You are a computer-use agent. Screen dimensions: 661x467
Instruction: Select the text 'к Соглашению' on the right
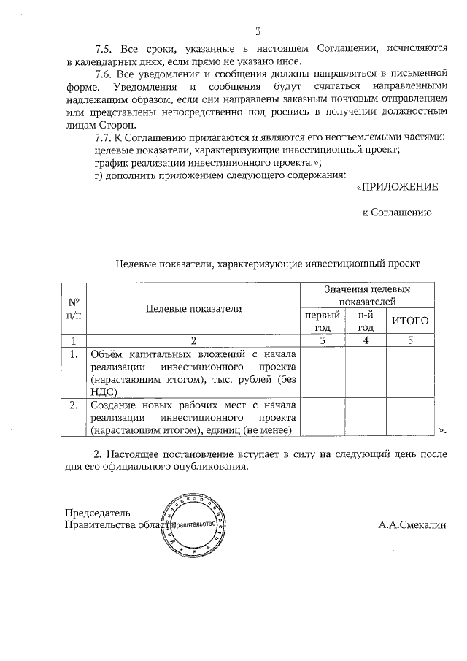tap(398, 213)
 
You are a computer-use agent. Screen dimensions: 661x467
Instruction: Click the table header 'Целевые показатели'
tap(193, 309)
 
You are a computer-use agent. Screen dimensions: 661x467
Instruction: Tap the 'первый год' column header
tap(323, 321)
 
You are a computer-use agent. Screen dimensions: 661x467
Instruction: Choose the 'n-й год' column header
tap(365, 321)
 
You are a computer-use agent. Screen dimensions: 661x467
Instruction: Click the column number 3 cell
tap(323, 340)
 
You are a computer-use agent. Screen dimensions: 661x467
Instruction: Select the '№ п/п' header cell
tap(73, 308)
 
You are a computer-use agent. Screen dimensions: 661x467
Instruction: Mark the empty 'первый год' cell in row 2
tap(323, 417)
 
